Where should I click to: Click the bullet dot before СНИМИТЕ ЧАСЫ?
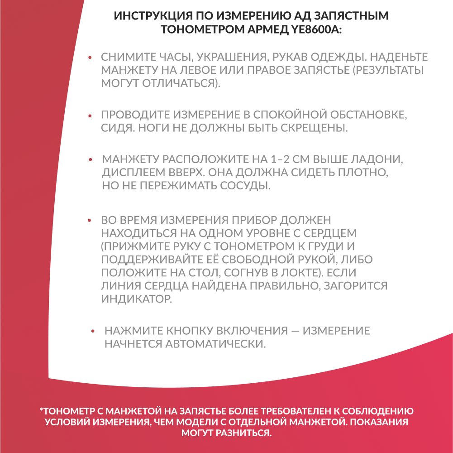[90, 58]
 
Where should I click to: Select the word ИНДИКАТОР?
[136, 299]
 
